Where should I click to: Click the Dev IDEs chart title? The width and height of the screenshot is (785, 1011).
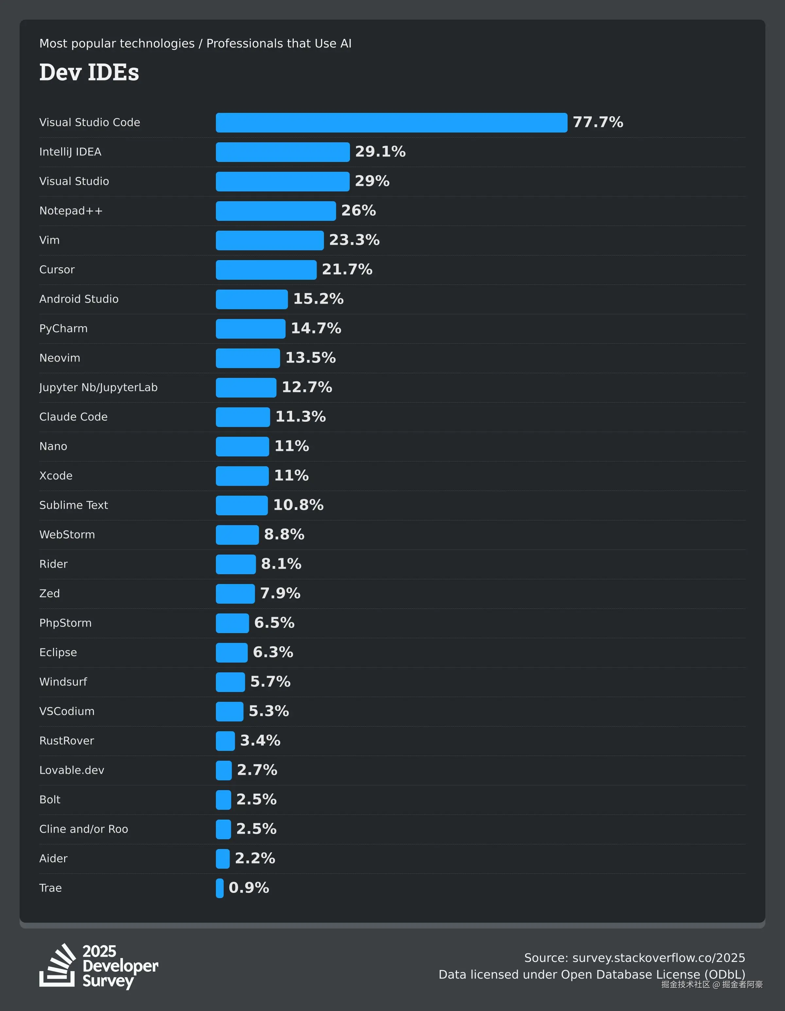[89, 72]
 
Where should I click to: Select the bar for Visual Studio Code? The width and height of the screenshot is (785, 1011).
[391, 123]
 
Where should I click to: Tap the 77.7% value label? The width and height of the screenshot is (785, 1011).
[598, 122]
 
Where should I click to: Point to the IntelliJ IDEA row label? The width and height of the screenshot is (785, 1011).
[70, 152]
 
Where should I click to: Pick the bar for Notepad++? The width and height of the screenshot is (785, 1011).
[275, 211]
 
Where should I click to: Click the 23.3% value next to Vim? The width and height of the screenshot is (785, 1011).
[354, 240]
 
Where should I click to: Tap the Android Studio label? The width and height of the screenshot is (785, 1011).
[79, 299]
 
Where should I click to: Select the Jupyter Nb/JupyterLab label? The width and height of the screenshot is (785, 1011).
[98, 387]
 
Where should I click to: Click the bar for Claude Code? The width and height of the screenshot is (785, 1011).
[243, 417]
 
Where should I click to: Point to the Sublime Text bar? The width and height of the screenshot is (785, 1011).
[242, 505]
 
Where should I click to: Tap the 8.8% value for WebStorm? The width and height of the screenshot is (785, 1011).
[284, 535]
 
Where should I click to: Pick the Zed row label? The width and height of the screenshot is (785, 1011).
[49, 594]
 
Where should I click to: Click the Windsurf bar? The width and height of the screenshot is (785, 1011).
[230, 682]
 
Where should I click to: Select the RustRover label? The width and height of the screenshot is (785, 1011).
[67, 741]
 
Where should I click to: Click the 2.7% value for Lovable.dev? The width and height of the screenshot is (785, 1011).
[257, 770]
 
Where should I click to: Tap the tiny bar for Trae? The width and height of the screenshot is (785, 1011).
[219, 888]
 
